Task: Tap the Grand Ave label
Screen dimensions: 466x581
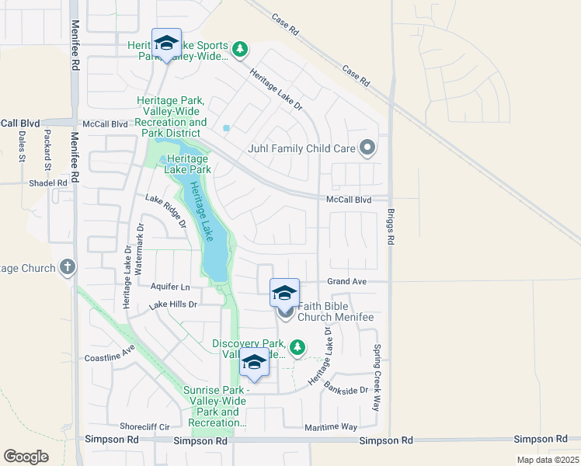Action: tap(346, 281)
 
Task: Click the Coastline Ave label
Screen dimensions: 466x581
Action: tap(110, 358)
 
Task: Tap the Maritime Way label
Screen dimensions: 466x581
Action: tap(331, 426)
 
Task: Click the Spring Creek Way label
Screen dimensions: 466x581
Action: tap(377, 377)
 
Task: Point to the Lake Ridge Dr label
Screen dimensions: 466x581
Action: tap(166, 210)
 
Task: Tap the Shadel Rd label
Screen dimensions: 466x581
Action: tap(48, 183)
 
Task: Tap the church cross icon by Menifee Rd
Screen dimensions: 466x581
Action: tap(68, 268)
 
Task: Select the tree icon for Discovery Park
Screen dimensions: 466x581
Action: tap(297, 346)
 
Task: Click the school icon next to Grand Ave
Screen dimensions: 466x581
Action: tap(284, 294)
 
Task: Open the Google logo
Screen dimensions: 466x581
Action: tap(26, 457)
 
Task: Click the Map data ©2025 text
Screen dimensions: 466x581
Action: tap(546, 460)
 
